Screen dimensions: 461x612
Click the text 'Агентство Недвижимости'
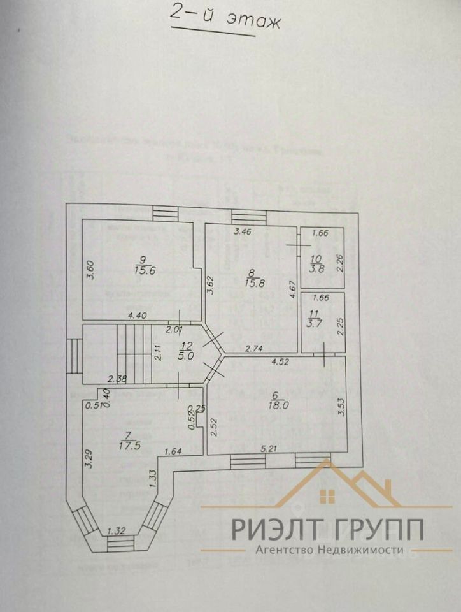point(329,550)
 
